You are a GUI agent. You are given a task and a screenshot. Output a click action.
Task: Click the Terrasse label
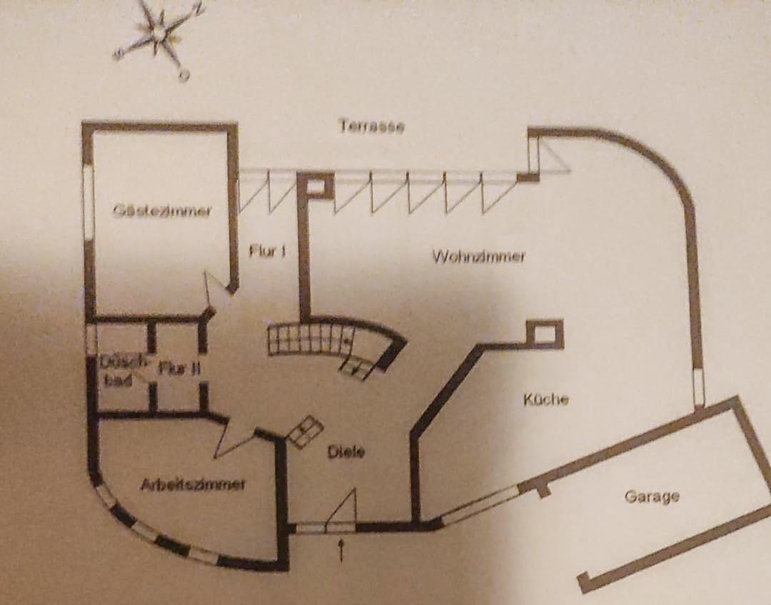click(x=371, y=127)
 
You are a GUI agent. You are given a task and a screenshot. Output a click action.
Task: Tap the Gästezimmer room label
click(x=162, y=210)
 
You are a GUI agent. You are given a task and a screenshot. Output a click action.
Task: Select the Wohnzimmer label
click(x=478, y=256)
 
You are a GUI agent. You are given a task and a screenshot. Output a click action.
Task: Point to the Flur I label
click(x=268, y=250)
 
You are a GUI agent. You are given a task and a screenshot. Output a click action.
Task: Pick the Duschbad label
click(x=116, y=371)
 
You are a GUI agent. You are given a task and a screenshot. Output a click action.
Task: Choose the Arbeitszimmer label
click(x=193, y=484)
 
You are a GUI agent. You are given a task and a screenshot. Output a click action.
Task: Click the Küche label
click(x=546, y=400)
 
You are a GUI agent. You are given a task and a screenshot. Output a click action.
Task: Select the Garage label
click(x=652, y=496)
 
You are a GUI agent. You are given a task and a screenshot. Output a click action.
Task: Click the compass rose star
click(x=158, y=33)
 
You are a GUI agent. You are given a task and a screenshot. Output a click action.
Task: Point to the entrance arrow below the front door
click(x=341, y=549)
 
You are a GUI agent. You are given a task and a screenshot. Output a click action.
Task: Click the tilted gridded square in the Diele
click(x=305, y=432)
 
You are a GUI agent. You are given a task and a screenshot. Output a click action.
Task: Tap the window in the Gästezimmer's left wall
click(x=89, y=203)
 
